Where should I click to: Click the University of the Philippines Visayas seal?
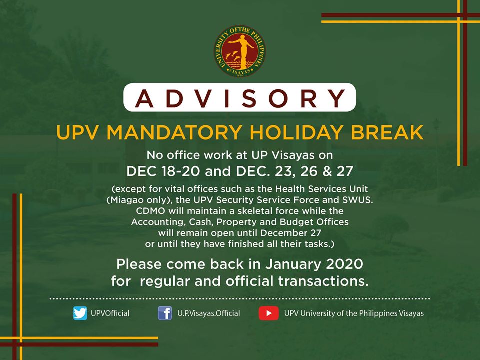click(x=239, y=51)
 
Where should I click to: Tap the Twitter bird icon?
click(x=80, y=313)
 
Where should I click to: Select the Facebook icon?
click(x=165, y=313)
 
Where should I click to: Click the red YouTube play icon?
click(x=269, y=313)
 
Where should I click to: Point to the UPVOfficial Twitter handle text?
click(x=110, y=313)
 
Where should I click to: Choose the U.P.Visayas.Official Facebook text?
click(x=209, y=313)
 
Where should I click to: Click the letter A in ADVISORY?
click(x=144, y=98)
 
